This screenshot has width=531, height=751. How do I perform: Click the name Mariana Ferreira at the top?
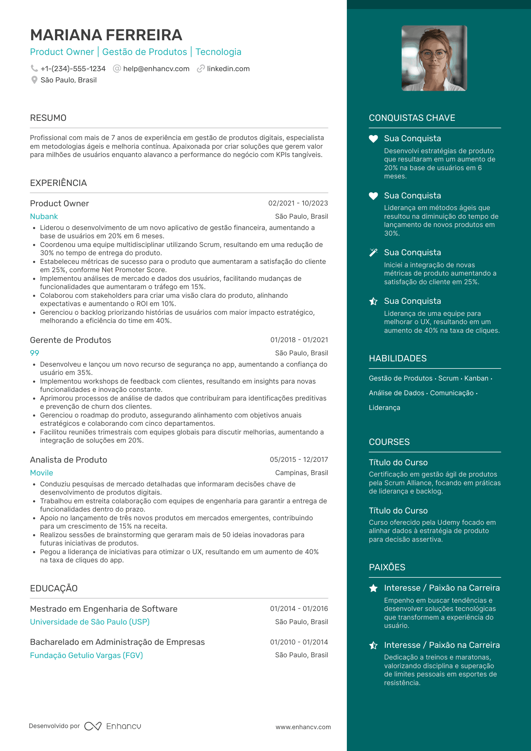pos(106,35)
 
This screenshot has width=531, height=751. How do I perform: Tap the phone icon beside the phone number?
pos(34,69)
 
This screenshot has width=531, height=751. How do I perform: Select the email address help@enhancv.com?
pos(156,69)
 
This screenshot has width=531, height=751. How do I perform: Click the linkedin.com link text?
pos(228,69)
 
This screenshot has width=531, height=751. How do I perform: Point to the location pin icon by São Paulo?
pos(34,80)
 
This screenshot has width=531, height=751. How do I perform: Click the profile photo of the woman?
pos(434,58)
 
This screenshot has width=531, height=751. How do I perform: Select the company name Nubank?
pos(44,216)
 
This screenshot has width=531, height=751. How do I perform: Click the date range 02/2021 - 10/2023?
pos(298,203)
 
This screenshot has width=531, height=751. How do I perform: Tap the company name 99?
pos(34,353)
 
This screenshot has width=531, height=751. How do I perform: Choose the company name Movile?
pos(41,473)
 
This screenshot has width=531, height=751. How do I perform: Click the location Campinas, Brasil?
pos(301,473)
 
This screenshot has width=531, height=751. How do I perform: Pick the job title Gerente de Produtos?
pos(70,340)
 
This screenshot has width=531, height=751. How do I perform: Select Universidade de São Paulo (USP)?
pos(90,622)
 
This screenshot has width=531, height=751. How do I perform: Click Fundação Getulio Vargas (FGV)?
pos(86,655)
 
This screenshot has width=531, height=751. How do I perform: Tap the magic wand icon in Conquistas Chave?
pos(373,253)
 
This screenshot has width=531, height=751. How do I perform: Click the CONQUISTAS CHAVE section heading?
pos(412,118)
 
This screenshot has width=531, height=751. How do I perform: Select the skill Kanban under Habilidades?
pos(476,378)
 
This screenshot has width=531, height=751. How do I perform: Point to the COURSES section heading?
pos(389,442)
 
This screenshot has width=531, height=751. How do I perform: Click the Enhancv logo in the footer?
pos(113,726)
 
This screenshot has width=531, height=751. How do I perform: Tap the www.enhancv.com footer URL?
pos(303,727)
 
